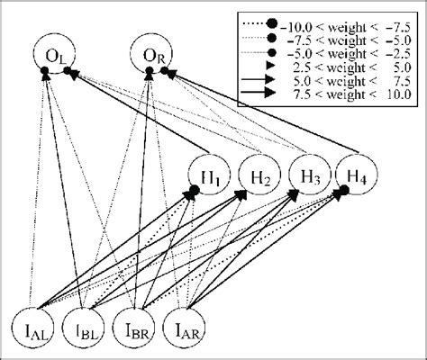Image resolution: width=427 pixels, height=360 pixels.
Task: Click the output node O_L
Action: click(x=52, y=59)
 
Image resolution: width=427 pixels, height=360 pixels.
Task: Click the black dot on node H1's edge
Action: click(x=193, y=190)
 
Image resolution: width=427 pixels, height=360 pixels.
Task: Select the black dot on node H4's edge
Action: click(x=342, y=191)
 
